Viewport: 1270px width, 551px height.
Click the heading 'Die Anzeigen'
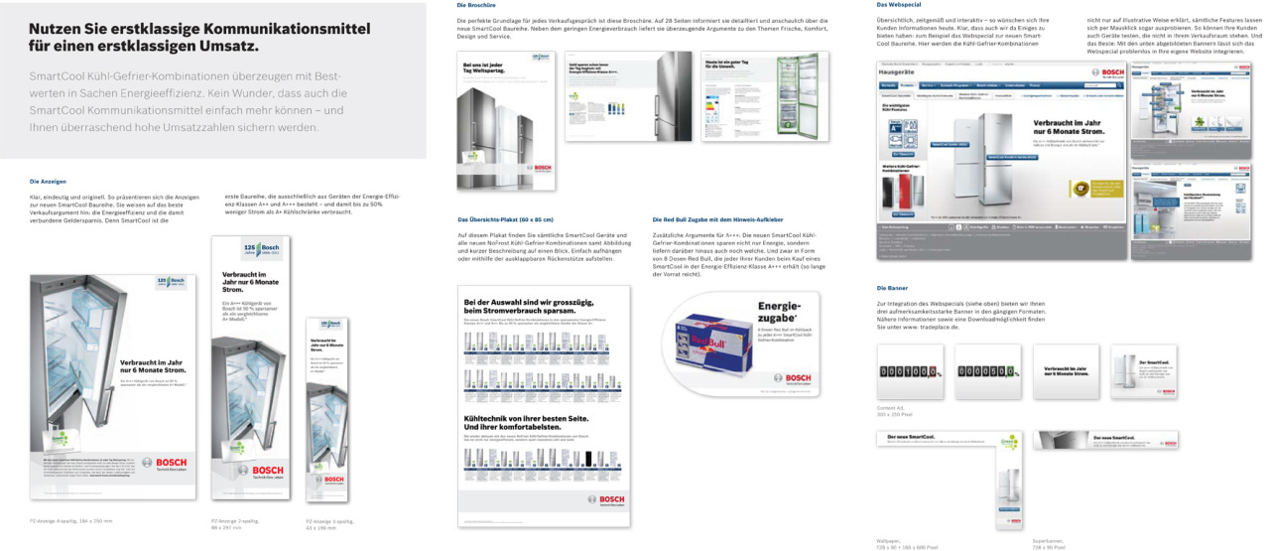[48, 182]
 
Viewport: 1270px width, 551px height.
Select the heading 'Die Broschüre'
[474, 6]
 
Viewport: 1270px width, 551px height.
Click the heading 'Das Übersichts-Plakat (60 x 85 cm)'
[505, 218]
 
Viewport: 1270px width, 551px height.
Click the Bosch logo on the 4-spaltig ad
[165, 463]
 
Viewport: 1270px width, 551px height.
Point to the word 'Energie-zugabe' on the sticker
[779, 313]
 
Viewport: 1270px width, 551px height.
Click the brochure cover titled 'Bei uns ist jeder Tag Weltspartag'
[504, 119]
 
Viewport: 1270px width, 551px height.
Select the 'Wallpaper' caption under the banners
[890, 541]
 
